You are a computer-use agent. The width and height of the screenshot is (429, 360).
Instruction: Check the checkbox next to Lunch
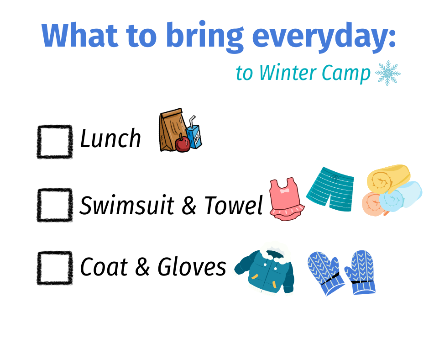coord(55,142)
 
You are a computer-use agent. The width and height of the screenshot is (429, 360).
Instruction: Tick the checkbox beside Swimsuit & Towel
coord(55,205)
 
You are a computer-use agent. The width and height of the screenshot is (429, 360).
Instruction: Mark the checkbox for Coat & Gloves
coord(55,268)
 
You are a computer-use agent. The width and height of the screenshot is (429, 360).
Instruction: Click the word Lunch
coord(110,138)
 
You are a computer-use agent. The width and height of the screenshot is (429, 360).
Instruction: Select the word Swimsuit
coord(127,205)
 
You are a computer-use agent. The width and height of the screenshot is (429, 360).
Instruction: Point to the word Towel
coord(233,205)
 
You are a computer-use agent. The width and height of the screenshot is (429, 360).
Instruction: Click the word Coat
coord(104,266)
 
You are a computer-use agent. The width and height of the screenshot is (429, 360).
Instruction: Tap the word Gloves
coord(192,266)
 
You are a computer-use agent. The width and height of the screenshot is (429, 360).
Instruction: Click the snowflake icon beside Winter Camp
coord(387,73)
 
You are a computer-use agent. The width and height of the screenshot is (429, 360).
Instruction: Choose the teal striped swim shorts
coord(330,189)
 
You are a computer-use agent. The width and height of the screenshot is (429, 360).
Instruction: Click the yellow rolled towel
coord(388,178)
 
